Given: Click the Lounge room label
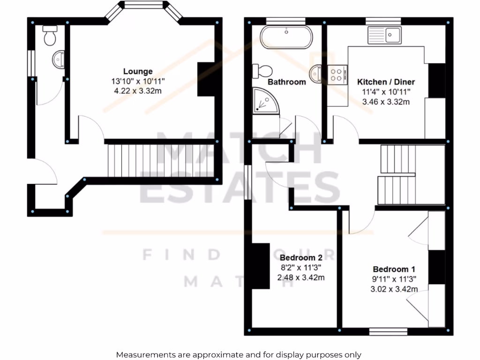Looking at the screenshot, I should pyautogui.click(x=138, y=71).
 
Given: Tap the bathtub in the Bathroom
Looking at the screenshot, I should pyautogui.click(x=286, y=37).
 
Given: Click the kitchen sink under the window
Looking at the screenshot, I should pyautogui.click(x=384, y=35).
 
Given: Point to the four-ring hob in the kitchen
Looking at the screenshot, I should pyautogui.click(x=337, y=74).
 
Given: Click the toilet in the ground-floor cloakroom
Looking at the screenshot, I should pyautogui.click(x=50, y=36).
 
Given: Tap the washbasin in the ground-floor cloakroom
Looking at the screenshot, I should pyautogui.click(x=59, y=59).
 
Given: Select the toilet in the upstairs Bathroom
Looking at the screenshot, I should pyautogui.click(x=262, y=71).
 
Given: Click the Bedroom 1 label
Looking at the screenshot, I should pyautogui.click(x=394, y=269).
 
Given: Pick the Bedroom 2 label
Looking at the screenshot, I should pyautogui.click(x=301, y=258).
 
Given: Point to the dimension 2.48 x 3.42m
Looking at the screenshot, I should pyautogui.click(x=301, y=277).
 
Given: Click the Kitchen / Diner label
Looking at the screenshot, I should pyautogui.click(x=386, y=82).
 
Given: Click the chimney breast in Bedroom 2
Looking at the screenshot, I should pyautogui.click(x=261, y=266).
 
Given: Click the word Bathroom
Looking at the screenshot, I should pyautogui.click(x=286, y=82).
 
